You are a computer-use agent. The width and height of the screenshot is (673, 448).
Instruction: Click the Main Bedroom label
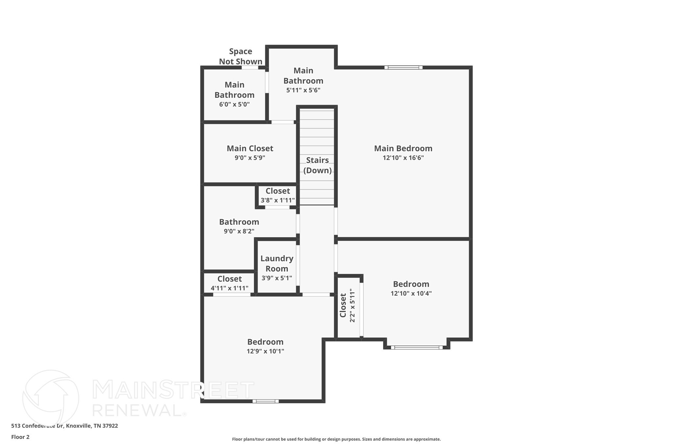(403, 148)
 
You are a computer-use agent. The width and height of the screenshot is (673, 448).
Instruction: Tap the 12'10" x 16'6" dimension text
(403, 158)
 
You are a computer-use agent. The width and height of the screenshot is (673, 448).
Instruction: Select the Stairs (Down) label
(317, 165)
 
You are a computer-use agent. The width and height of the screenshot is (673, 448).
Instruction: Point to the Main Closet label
(250, 148)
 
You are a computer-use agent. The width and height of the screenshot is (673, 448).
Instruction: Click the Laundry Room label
(277, 264)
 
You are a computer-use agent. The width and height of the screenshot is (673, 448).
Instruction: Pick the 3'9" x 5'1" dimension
(277, 278)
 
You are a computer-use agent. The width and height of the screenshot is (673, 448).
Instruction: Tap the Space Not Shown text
(241, 56)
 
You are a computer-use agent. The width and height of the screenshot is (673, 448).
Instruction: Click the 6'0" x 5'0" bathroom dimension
(234, 105)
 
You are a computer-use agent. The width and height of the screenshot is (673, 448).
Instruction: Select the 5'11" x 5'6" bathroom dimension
(303, 90)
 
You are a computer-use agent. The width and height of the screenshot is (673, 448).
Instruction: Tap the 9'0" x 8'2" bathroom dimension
(239, 231)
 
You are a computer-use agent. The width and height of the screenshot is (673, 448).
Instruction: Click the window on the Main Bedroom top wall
(403, 68)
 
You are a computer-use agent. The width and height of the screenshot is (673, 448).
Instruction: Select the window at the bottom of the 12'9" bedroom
(266, 401)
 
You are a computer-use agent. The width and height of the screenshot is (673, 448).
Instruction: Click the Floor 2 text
(20, 437)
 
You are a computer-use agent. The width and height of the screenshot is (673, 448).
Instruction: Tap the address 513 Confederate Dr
(64, 426)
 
